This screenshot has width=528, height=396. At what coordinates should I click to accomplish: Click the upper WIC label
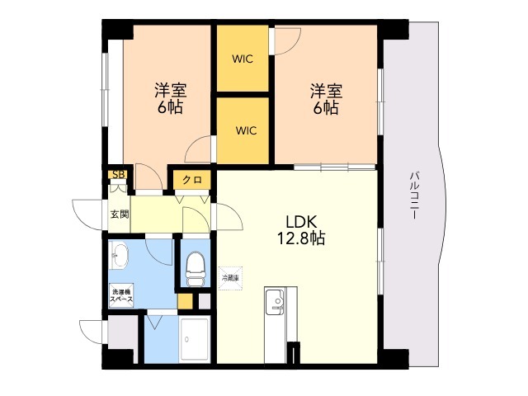243,59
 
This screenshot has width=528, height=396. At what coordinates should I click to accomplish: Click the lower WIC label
246,130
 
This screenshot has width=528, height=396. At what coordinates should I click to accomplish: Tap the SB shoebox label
119,175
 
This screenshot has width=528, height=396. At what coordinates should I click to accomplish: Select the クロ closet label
192,180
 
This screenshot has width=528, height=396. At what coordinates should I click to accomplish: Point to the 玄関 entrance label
120,214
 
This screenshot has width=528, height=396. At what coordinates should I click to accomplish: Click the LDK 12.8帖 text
301,230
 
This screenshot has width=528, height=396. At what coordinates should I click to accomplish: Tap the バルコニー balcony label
414,196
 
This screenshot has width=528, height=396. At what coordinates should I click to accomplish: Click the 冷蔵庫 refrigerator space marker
231,278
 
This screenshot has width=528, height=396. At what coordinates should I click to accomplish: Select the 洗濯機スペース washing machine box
121,295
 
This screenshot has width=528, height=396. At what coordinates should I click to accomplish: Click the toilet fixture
196,270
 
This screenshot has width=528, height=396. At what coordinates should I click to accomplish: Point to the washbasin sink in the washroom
119,255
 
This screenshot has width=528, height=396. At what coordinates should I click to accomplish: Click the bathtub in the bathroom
195,339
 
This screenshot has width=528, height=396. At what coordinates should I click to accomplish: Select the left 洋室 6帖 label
171,99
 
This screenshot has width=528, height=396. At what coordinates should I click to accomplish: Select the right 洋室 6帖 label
326,99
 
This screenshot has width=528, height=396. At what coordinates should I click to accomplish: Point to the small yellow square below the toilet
185,301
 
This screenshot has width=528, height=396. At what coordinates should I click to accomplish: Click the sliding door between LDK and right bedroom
334,167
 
